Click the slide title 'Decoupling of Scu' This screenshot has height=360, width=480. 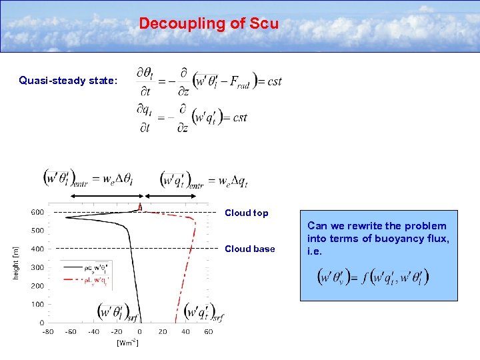209,23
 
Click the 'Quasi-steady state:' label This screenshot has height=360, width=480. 68,81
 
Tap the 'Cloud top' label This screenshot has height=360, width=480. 246,213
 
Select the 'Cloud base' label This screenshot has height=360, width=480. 249,249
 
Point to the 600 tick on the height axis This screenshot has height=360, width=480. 37,212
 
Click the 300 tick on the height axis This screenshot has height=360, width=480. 37,267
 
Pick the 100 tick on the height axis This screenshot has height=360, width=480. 37,304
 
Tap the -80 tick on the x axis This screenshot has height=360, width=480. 48,331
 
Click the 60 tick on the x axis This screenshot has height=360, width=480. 208,331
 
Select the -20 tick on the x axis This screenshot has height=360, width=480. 117,331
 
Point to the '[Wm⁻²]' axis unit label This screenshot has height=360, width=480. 127,343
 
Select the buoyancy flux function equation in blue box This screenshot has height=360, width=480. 374,276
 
